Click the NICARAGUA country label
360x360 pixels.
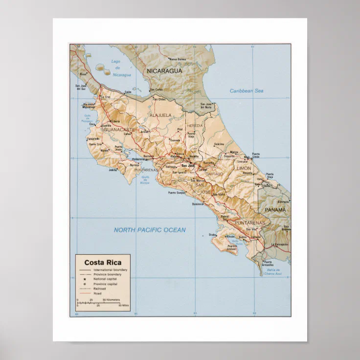[164, 71]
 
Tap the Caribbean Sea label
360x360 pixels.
[247, 91]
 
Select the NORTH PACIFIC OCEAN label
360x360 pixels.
[150, 230]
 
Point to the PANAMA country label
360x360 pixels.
[275, 210]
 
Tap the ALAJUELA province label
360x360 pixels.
[160, 115]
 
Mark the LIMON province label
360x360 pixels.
[244, 168]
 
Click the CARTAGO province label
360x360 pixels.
[214, 174]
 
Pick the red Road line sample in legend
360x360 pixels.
[85, 293]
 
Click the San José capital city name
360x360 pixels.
[188, 165]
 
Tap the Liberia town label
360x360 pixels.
[116, 121]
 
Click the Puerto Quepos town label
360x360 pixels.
[177, 193]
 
